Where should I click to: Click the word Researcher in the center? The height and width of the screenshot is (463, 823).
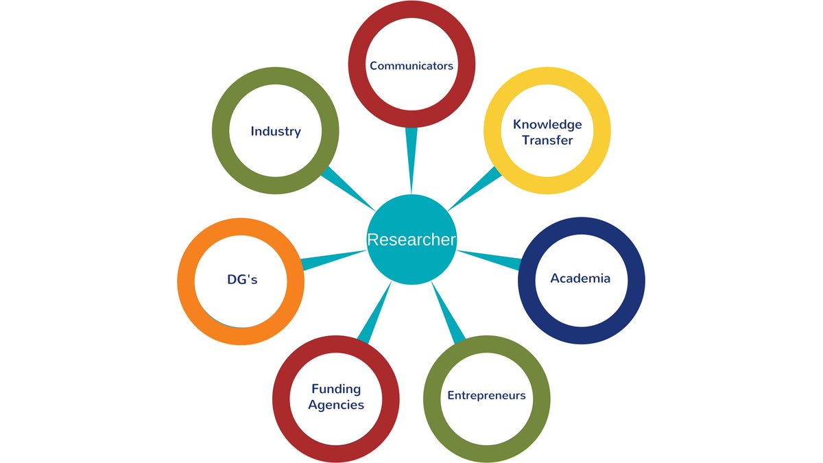pyautogui.click(x=411, y=239)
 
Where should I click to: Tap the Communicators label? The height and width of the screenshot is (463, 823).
pyautogui.click(x=411, y=66)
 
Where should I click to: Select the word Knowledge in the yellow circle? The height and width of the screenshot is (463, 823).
pyautogui.click(x=547, y=124)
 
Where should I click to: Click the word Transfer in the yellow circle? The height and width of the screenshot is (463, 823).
pyautogui.click(x=547, y=140)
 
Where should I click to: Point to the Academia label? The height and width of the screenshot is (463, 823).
pyautogui.click(x=580, y=278)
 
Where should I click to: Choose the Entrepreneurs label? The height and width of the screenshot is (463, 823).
pyautogui.click(x=486, y=395)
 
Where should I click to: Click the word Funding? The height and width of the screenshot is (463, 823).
pyautogui.click(x=336, y=389)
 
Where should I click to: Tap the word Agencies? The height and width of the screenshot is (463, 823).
pyautogui.click(x=336, y=405)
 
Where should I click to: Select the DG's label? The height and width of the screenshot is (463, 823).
pyautogui.click(x=242, y=279)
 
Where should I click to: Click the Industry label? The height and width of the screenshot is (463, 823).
pyautogui.click(x=276, y=131)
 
